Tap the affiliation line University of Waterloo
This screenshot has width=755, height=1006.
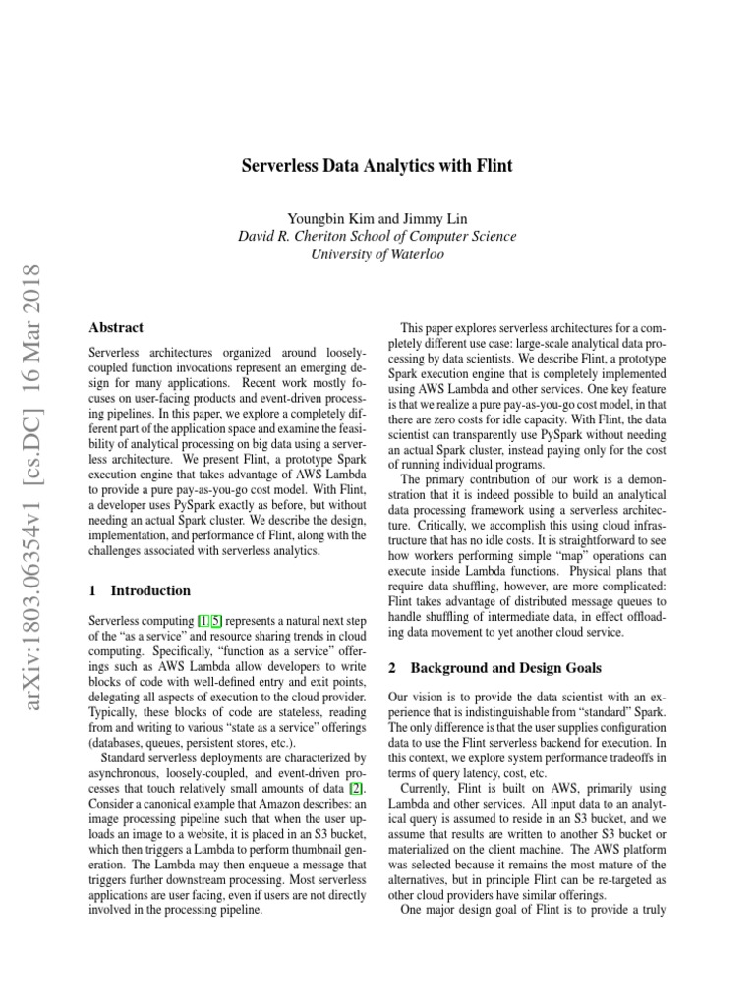[377, 254]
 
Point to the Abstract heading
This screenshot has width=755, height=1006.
[116, 328]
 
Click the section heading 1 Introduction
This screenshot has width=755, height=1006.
[140, 591]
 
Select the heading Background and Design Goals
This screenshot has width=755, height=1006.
[505, 668]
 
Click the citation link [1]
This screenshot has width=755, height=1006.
[202, 622]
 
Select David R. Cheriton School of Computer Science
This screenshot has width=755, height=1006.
[377, 236]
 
